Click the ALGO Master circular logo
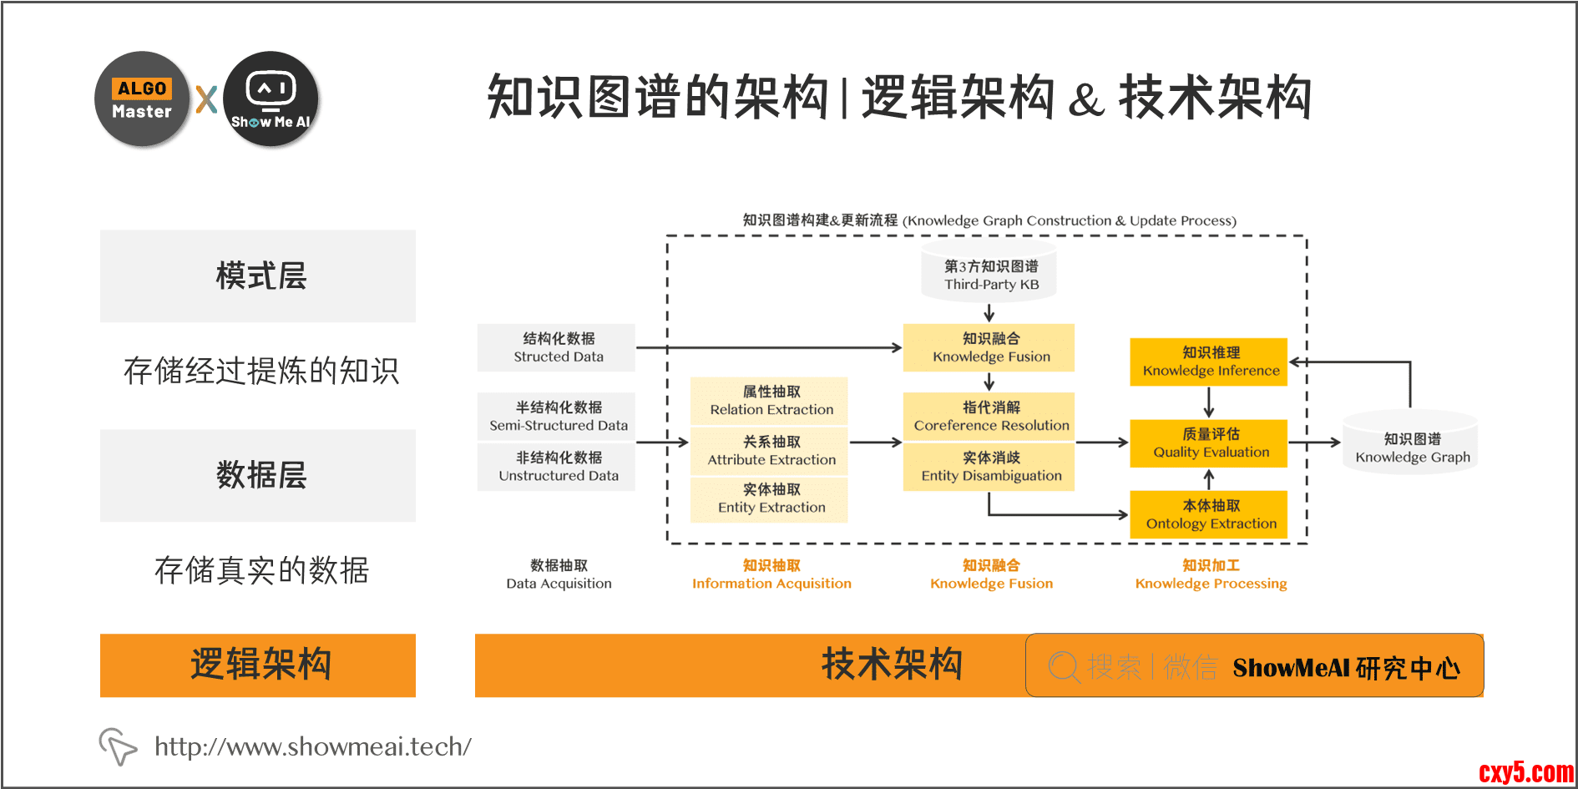coord(142,99)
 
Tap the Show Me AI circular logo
coord(271,99)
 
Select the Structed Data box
coord(557,347)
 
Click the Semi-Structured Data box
coord(557,416)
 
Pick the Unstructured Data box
coord(557,467)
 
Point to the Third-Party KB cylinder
coord(990,275)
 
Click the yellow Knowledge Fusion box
coord(989,347)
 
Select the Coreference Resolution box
coord(989,416)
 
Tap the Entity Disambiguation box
coord(989,467)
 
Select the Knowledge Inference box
coord(1209,362)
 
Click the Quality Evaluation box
coord(1209,443)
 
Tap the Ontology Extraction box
coord(1209,514)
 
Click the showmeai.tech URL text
coord(312,746)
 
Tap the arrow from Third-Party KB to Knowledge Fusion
coord(989,313)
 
